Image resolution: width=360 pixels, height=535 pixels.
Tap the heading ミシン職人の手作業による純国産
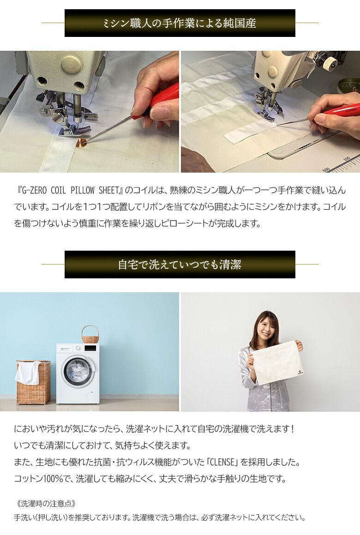(180, 23)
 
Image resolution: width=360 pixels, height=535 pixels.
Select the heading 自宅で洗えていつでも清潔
(180, 264)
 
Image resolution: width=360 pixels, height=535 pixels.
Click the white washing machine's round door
(78, 371)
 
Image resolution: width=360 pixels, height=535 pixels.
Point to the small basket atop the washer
(90, 335)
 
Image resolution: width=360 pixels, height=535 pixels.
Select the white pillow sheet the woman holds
(275, 362)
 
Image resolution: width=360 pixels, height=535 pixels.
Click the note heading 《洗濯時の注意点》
(45, 503)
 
